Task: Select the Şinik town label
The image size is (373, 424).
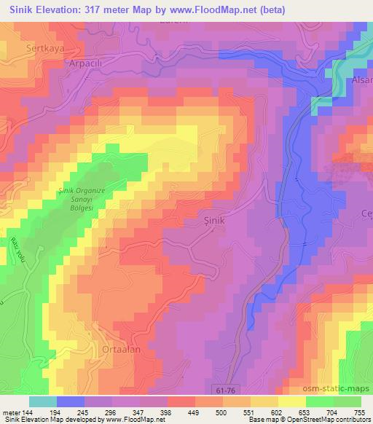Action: [x=212, y=217]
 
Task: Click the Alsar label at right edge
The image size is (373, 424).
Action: [x=362, y=79]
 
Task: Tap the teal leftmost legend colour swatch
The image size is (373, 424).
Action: [x=42, y=401]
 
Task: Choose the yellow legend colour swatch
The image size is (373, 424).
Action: [x=291, y=401]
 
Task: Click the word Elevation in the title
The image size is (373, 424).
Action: [x=60, y=9]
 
